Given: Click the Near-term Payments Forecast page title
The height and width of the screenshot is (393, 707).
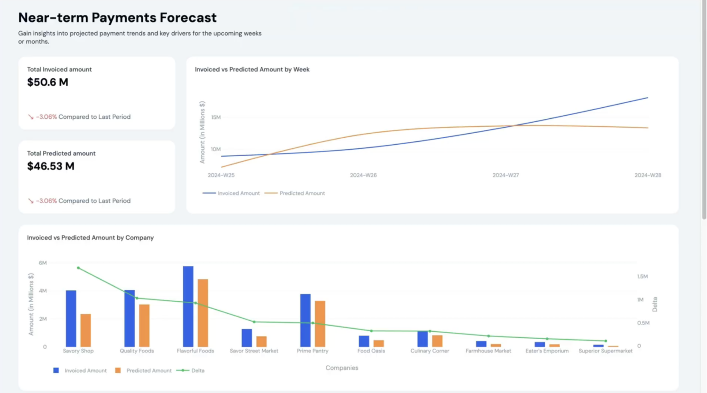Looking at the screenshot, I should pyautogui.click(x=117, y=18).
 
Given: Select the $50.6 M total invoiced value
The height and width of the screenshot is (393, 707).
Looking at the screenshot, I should pyautogui.click(x=47, y=82).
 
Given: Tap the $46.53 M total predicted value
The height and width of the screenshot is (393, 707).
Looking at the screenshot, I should pyautogui.click(x=51, y=166).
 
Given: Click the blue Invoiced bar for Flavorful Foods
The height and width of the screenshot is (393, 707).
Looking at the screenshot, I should pyautogui.click(x=188, y=306).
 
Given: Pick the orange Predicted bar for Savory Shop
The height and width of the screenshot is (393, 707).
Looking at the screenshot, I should pyautogui.click(x=86, y=330).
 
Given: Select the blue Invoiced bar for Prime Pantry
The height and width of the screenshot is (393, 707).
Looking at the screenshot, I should pyautogui.click(x=305, y=320).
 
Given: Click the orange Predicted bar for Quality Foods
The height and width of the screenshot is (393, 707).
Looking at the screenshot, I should pyautogui.click(x=144, y=325).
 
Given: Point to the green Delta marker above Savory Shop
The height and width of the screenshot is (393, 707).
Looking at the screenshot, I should pyautogui.click(x=78, y=268).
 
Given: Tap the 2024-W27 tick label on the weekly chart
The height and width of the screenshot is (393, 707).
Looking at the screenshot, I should pyautogui.click(x=505, y=175).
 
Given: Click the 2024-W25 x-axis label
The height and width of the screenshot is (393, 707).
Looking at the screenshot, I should pyautogui.click(x=221, y=175).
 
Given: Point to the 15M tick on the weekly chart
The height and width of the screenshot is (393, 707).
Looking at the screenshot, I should pyautogui.click(x=216, y=117).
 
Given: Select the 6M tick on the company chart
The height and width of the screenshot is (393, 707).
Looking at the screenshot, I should pyautogui.click(x=43, y=263).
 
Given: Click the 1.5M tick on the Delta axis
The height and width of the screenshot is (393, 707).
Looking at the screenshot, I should pyautogui.click(x=642, y=276).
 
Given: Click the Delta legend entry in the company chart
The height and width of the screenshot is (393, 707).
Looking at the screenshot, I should pyautogui.click(x=197, y=370).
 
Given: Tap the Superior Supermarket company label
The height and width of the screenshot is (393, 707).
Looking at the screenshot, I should pyautogui.click(x=605, y=351).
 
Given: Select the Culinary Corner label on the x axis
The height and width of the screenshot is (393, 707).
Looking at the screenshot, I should pyautogui.click(x=429, y=351).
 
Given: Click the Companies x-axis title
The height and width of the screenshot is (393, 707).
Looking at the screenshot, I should pyautogui.click(x=342, y=368).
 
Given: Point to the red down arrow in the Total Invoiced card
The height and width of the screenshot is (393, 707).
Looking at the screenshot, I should pyautogui.click(x=31, y=117).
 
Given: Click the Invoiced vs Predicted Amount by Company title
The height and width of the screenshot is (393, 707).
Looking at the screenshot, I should pyautogui.click(x=90, y=238).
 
